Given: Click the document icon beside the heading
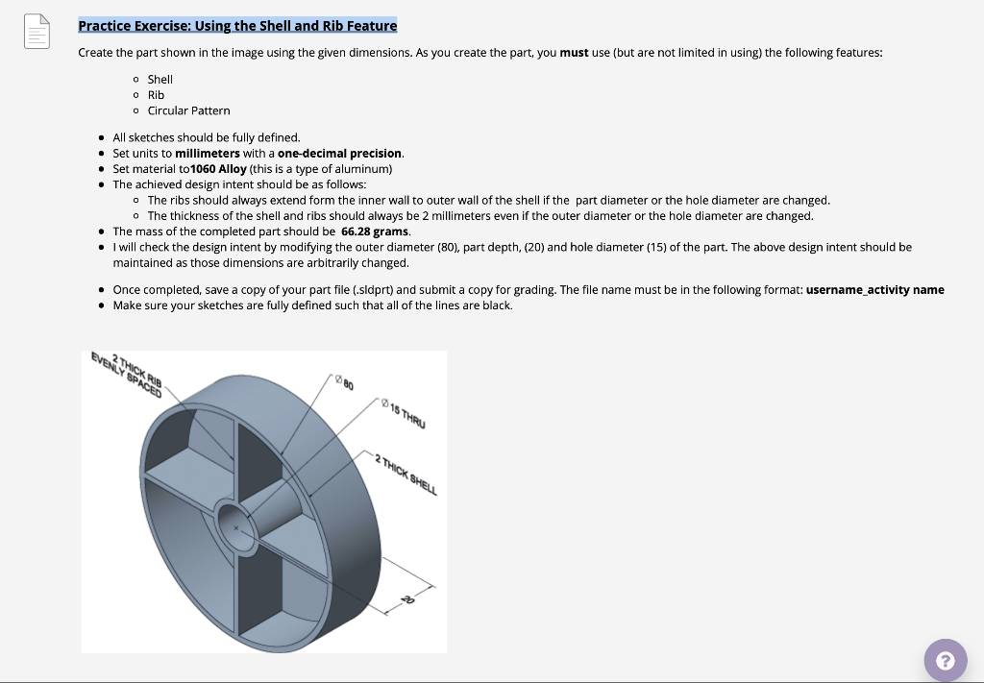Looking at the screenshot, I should tap(36, 32).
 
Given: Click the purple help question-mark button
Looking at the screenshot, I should tap(945, 660).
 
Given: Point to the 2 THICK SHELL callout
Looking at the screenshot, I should tap(405, 474).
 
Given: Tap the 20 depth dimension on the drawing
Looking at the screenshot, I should tap(407, 599).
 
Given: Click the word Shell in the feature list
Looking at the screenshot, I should tap(160, 79).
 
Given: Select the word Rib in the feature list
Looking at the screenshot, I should tap(156, 95).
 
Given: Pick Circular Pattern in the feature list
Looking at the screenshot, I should tap(188, 110).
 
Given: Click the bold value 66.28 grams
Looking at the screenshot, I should tap(375, 232).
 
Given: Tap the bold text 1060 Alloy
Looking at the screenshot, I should tap(218, 169).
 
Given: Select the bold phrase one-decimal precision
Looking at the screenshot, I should tap(339, 154).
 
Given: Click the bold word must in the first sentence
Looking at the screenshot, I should tap(574, 52).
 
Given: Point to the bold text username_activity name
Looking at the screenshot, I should tap(874, 290).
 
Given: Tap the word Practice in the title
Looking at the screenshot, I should tap(104, 26).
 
